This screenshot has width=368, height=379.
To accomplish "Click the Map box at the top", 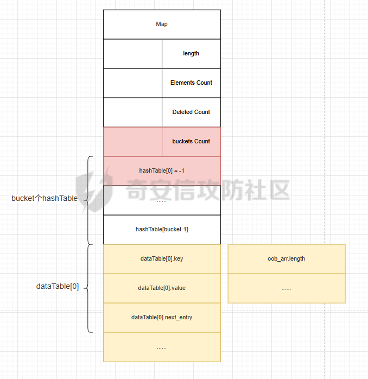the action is coord(162,24).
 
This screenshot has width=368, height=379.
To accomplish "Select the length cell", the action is coord(191,54).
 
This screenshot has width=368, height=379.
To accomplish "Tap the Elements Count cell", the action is coord(191,83).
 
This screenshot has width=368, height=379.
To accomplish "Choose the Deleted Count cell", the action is coord(191,112).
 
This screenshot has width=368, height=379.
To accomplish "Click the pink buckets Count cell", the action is coord(191,142).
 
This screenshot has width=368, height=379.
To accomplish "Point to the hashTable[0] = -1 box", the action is coord(162,171).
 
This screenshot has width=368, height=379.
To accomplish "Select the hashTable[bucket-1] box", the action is coord(162,230).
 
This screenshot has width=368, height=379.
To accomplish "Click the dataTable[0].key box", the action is coord(162,259).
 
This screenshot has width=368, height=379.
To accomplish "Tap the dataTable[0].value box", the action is coord(162,288).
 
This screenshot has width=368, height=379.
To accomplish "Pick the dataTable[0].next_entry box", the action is coord(162,318).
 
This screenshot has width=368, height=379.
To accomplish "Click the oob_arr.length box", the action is coord(287,259).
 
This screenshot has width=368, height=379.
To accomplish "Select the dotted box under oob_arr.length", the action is coord(287,288).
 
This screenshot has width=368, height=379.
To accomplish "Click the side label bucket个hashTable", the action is coord(45,198).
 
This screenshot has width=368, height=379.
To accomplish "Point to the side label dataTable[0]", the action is coord(58,287).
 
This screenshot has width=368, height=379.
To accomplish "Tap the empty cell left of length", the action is coord(132,54).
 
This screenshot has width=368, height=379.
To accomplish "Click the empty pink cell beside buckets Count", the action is coord(132,142).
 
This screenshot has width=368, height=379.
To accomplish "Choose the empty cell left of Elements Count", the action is coord(132,83).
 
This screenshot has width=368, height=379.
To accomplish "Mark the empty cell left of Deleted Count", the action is coord(132,112).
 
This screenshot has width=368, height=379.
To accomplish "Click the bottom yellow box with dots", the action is coord(162,347).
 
